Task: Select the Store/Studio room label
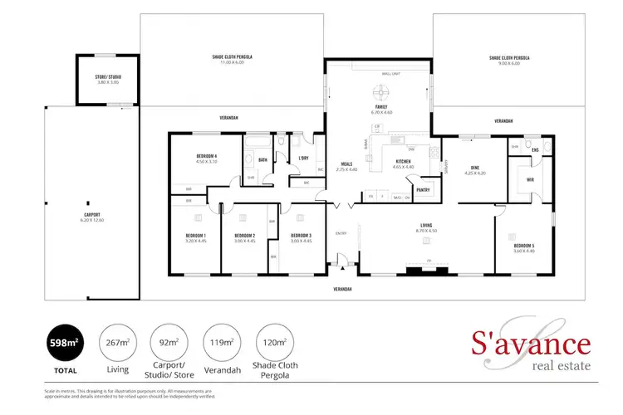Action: point(107,80)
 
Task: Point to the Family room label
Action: point(382,109)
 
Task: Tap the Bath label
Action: point(262,159)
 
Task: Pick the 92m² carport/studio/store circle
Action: point(171,343)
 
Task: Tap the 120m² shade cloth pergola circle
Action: point(274,343)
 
